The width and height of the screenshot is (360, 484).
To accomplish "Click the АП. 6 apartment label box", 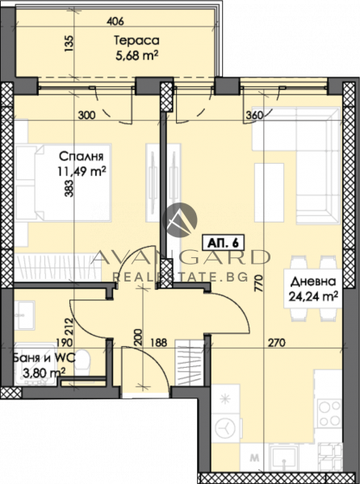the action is [223, 242].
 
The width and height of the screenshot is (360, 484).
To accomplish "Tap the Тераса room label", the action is [136, 40].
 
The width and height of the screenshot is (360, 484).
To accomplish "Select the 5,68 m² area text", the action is [136, 56].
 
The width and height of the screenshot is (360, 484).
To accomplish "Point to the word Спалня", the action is [81, 156].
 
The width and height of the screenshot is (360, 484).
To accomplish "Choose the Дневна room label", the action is [313, 282].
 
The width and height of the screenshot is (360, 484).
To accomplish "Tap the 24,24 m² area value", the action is [312, 296].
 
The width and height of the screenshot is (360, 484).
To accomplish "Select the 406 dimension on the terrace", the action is [115, 21].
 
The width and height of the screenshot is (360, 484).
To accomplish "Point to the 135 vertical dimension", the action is [70, 44].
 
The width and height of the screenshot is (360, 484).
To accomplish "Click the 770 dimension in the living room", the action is [258, 283].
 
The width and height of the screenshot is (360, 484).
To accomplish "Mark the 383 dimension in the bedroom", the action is [69, 188].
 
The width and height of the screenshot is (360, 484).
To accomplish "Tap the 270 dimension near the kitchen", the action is [277, 343].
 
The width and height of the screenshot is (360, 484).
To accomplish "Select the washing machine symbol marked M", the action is [254, 458].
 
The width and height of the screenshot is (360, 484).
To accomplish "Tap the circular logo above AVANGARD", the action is [180, 219].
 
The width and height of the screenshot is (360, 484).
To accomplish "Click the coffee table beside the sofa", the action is [269, 193].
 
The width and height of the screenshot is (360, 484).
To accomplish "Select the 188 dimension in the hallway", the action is [158, 343].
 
